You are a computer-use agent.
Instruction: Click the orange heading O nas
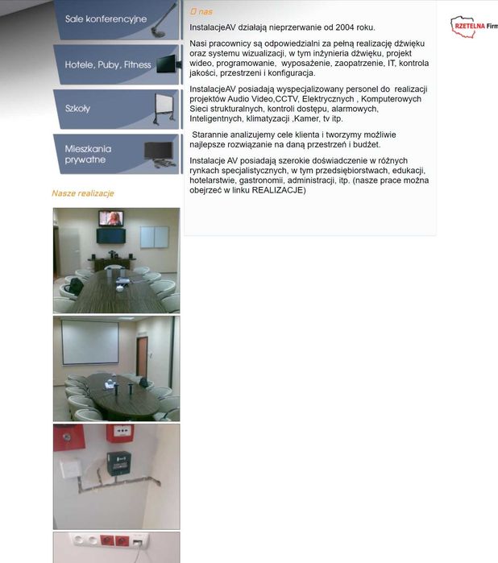pos(201,12)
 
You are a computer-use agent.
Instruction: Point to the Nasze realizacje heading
pos(82,193)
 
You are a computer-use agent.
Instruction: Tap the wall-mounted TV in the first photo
pos(111,218)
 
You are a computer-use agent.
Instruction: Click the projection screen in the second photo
pos(90,342)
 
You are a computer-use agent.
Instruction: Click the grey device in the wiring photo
pos(118,463)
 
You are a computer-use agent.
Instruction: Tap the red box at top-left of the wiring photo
pos(64,439)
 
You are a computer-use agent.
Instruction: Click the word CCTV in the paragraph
pos(287,99)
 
